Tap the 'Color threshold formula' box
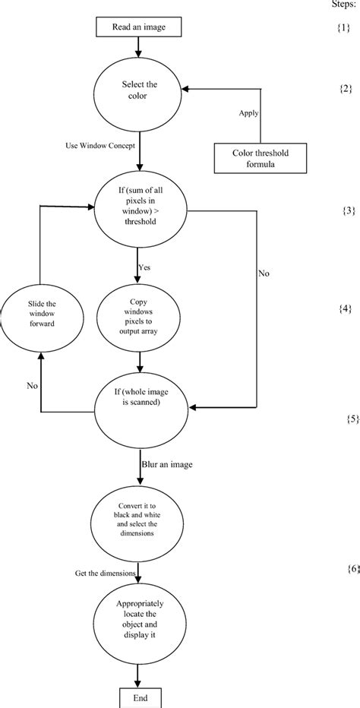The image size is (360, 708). [261, 157]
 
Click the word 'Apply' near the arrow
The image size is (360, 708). [248, 112]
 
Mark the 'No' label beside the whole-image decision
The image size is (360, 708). [33, 386]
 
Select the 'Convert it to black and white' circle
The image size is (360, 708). [139, 521]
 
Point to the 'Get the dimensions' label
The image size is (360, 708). [105, 572]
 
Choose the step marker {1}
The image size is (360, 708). [346, 29]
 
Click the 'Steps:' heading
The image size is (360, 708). [346, 5]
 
